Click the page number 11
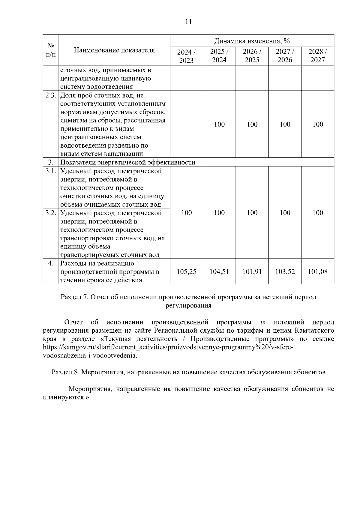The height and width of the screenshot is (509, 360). pyautogui.click(x=188, y=22)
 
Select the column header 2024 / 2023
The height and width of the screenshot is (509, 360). pyautogui.click(x=186, y=56)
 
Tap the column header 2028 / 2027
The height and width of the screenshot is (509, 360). pyautogui.click(x=317, y=56)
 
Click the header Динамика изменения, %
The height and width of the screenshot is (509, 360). pyautogui.click(x=252, y=41)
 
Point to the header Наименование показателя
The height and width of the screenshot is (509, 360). pyautogui.click(x=114, y=50)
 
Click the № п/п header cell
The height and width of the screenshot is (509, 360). pyautogui.click(x=51, y=50)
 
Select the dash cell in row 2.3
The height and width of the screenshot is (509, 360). pyautogui.click(x=186, y=124)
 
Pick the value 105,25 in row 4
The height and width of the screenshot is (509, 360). pyautogui.click(x=186, y=272)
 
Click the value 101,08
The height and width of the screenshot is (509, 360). pyautogui.click(x=317, y=272)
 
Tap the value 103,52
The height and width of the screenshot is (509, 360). pyautogui.click(x=285, y=272)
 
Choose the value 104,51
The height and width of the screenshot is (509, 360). pyautogui.click(x=219, y=272)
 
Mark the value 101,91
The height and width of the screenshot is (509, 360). pyautogui.click(x=252, y=272)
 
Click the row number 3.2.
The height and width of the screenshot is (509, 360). pyautogui.click(x=51, y=213)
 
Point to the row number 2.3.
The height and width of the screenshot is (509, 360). pyautogui.click(x=51, y=95)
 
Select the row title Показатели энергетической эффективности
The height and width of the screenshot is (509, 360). pyautogui.click(x=128, y=163)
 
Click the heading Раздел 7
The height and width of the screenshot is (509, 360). pyautogui.click(x=74, y=297)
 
